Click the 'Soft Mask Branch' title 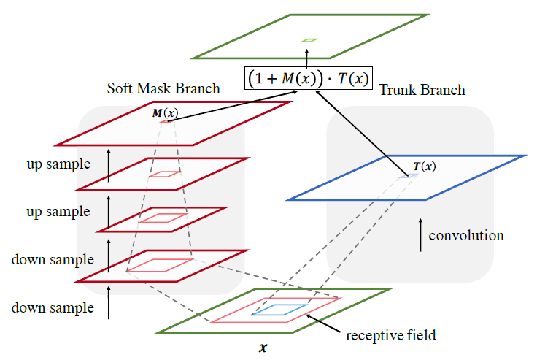(x=163, y=88)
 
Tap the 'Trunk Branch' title (x=422, y=90)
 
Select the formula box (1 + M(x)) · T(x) (x=308, y=78)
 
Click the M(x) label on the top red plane (x=165, y=112)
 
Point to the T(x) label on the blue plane (x=425, y=166)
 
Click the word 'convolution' (x=466, y=236)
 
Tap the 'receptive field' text (x=391, y=335)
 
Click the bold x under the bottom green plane (x=263, y=348)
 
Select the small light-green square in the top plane (x=309, y=40)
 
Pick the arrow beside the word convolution (x=420, y=235)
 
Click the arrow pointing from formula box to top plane (x=306, y=58)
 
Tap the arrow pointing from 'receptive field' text (x=323, y=323)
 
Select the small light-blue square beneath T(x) (x=409, y=176)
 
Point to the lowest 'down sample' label (x=53, y=307)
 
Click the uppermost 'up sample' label (x=58, y=164)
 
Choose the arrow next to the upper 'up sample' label (x=109, y=165)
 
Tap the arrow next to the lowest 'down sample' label (x=109, y=303)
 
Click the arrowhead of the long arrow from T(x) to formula (x=318, y=92)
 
